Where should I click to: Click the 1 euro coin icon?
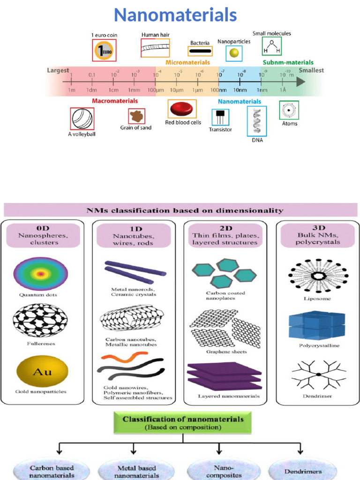point(104,50)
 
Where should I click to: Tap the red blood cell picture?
point(182,109)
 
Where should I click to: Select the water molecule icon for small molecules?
point(272,46)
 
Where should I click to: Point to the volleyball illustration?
point(82,119)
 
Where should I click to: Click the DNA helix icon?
point(257,121)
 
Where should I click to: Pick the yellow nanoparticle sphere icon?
point(233,53)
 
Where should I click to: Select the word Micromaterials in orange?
point(187,62)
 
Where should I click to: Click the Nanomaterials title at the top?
point(175,15)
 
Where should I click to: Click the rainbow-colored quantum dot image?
point(41,274)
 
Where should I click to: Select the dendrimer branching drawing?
point(318,375)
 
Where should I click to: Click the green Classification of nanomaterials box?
point(183,422)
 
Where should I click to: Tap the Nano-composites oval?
point(220,470)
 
